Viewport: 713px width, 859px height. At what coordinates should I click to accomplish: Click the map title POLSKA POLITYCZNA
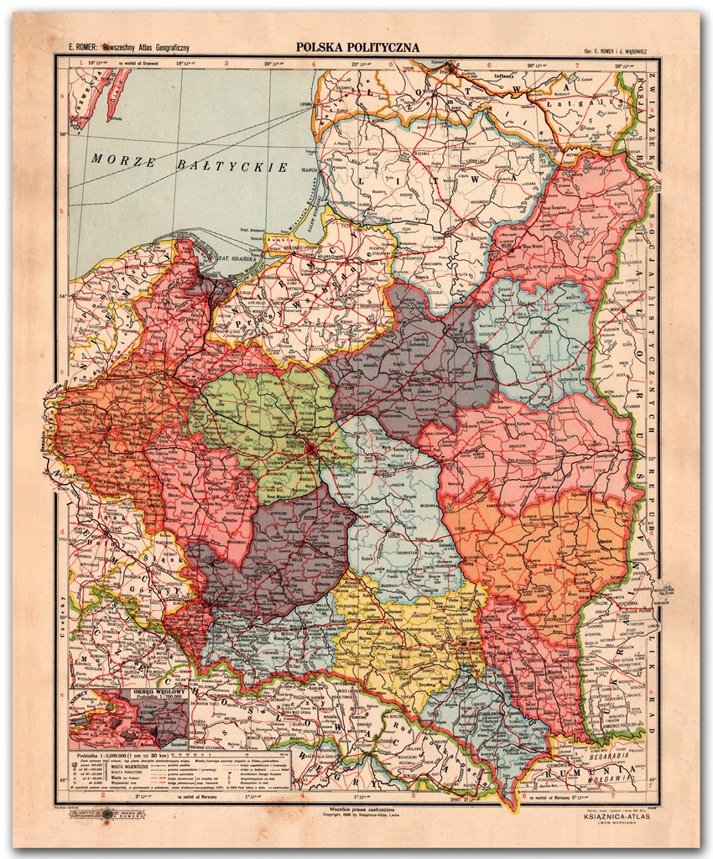tap(356, 48)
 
